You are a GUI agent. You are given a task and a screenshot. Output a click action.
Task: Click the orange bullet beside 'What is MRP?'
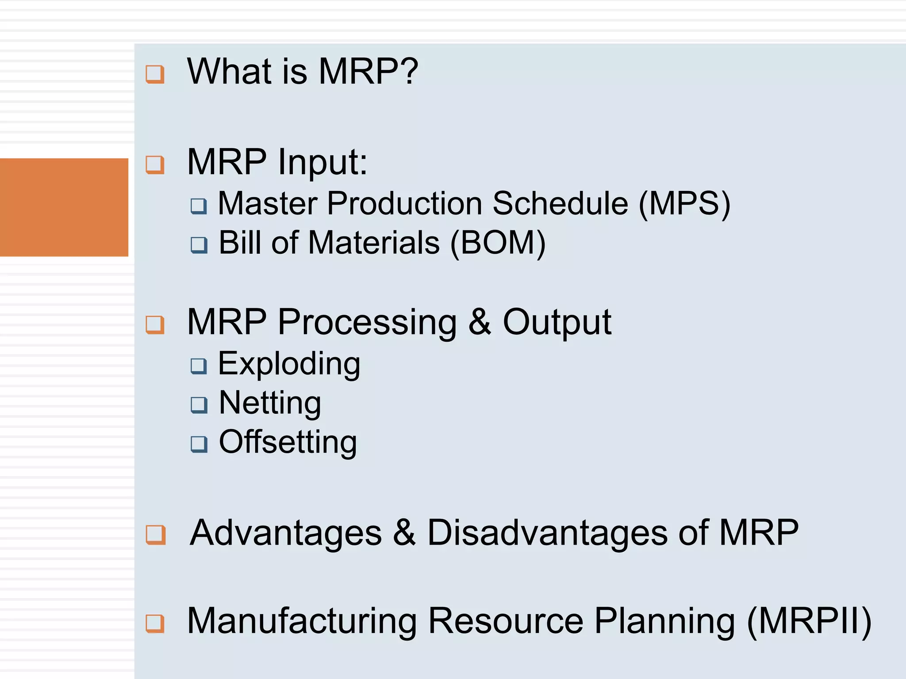(155, 74)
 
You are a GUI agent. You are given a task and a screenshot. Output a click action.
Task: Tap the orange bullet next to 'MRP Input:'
(155, 165)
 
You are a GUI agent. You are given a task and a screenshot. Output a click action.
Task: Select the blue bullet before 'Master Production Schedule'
(199, 206)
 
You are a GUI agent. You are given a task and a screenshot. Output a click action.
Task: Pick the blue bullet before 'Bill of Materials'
(199, 244)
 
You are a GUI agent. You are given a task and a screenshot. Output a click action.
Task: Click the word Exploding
(289, 364)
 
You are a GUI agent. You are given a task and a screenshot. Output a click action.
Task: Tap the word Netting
(270, 403)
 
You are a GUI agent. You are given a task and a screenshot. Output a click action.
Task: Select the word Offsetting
(288, 442)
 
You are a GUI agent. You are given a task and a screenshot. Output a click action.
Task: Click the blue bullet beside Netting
(199, 404)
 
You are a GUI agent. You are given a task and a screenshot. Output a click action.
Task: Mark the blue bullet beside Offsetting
(199, 444)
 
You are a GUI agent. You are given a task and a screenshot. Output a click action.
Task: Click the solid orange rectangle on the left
(64, 207)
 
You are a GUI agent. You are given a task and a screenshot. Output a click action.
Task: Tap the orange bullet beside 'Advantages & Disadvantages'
(156, 534)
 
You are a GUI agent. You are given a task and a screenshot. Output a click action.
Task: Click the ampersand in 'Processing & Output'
(480, 323)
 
